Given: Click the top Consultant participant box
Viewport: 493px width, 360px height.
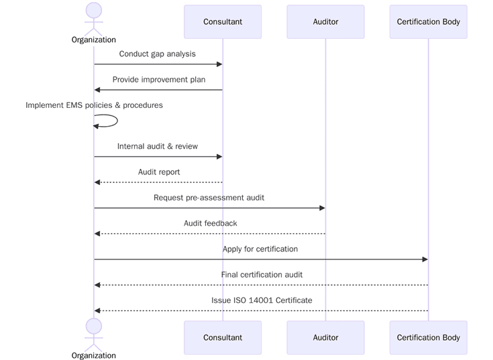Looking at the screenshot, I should tap(223, 21).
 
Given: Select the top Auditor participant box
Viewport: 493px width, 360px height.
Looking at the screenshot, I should tap(325, 21).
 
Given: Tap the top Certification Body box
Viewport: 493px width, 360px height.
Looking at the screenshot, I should tap(428, 21).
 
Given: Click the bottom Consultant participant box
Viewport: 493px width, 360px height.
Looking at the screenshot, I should tap(223, 337).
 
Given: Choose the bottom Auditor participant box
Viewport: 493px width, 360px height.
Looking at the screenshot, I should tap(325, 337).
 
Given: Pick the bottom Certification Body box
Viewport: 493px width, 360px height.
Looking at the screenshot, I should tap(428, 337).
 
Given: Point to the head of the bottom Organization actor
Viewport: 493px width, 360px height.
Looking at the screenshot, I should tap(94, 326).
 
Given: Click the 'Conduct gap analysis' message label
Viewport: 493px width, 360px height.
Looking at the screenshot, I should tap(158, 54).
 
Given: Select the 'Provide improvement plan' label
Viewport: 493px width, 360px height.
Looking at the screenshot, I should tap(159, 79).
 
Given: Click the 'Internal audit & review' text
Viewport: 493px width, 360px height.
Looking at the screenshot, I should tap(158, 146).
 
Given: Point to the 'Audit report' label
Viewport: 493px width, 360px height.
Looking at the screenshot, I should tap(159, 172).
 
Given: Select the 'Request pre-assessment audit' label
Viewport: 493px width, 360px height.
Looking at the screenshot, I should tap(209, 198).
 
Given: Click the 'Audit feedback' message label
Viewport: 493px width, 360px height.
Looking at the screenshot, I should tap(210, 223).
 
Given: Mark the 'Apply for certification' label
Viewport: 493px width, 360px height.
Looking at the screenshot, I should tap(260, 249).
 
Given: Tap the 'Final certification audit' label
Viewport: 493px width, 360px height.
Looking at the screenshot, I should tap(262, 274).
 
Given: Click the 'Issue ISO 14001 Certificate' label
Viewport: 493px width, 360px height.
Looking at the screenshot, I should tap(262, 300).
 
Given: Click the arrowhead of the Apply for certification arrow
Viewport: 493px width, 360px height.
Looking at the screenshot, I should tap(425, 259).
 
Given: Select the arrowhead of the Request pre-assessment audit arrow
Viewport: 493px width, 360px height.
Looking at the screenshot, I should tap(322, 208).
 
